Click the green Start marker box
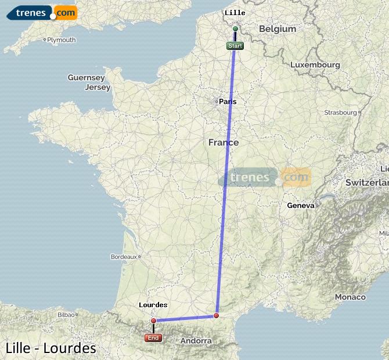coord(235,46)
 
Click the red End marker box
coord(153,337)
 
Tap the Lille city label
coord(235,13)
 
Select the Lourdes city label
coord(153,305)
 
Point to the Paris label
coord(228,102)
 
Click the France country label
coord(224,142)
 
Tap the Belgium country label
coord(278,29)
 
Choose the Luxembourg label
coord(315,65)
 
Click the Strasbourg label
coord(340,112)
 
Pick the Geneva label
coord(301,205)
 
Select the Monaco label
coord(350,297)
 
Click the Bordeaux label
coord(123,256)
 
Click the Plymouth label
coord(62,40)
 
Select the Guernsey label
coord(86,77)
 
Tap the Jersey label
coord(97,88)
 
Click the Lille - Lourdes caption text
coord(51,348)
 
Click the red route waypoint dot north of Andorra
coord(216,316)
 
